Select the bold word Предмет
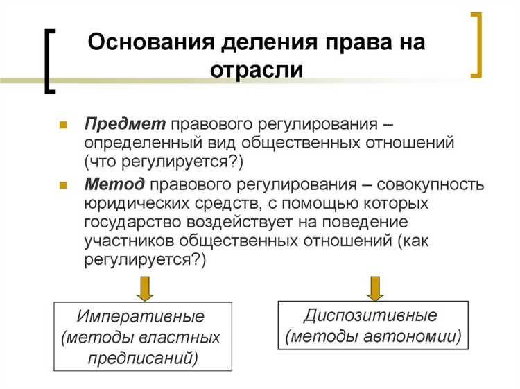pos(125,124)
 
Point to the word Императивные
pos(141,317)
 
